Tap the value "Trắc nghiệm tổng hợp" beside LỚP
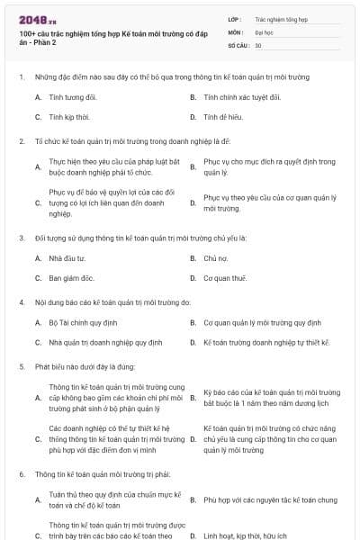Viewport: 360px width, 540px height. [281, 18]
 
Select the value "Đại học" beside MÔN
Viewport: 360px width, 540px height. [265, 31]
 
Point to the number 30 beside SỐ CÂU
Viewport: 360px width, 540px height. [258, 45]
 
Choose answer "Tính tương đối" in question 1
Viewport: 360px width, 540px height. [73, 96]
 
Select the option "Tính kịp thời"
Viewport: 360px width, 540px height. [68, 117]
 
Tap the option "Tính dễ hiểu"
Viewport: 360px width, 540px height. [226, 117]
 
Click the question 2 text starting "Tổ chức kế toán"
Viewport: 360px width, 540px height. [131, 141]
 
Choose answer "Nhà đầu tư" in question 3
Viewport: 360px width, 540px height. [67, 258]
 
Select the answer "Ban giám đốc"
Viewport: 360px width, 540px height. [71, 278]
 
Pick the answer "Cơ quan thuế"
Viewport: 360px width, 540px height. [225, 278]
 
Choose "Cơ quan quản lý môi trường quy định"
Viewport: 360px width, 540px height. [262, 322]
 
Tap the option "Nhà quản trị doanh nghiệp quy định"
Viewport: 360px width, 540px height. [105, 343]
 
